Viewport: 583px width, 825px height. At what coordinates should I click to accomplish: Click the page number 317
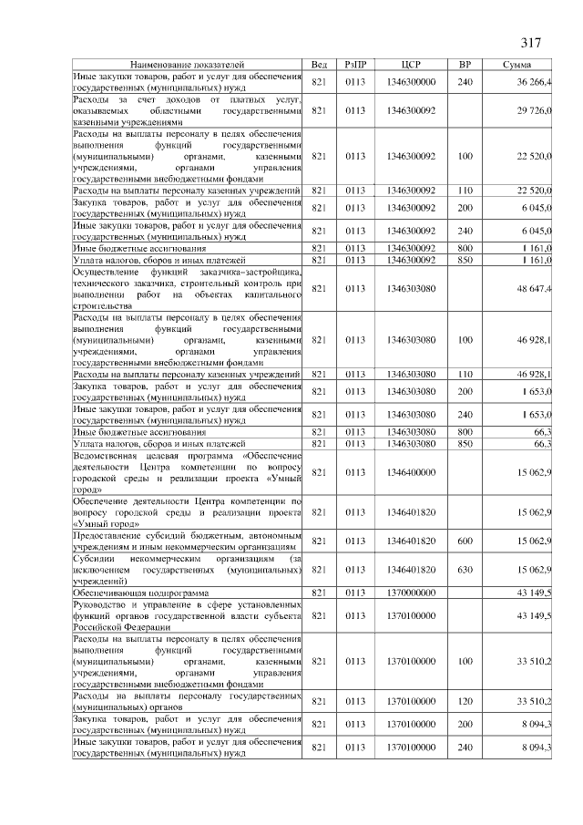pyautogui.click(x=531, y=43)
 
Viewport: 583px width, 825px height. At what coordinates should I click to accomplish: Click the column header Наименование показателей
pyautogui.click(x=188, y=66)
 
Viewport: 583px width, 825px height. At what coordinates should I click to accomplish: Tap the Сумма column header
pyautogui.click(x=523, y=66)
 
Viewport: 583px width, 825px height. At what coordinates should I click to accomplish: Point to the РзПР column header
pyautogui.click(x=355, y=66)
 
